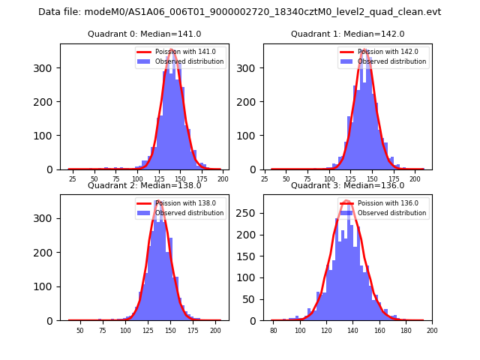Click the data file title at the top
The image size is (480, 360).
pos(240,12)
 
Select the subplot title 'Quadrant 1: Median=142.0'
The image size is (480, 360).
pos(347,34)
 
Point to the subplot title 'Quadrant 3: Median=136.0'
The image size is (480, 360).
pos(347,185)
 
